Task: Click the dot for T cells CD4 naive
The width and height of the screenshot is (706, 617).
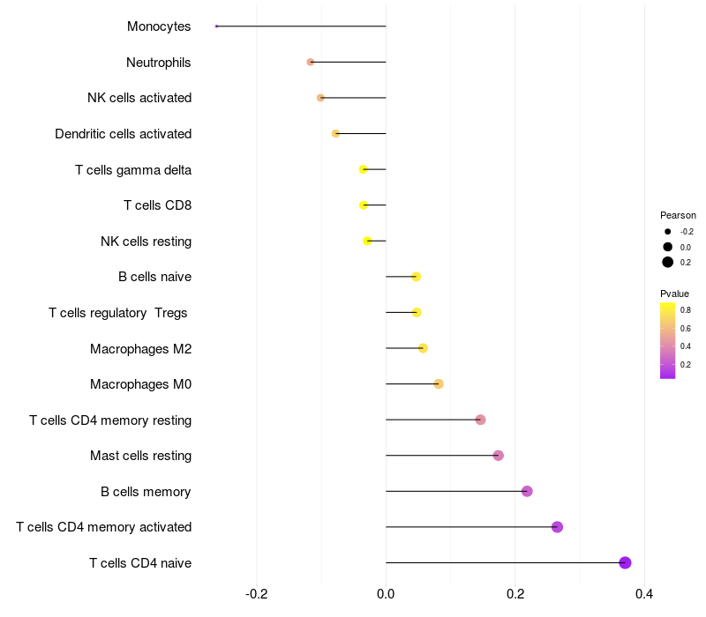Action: click(625, 562)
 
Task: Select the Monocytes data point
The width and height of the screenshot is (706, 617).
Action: click(216, 26)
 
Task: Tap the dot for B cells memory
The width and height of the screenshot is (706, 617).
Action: click(527, 491)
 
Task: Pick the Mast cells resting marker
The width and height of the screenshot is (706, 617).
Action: click(499, 456)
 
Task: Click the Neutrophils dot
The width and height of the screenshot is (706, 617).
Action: click(311, 62)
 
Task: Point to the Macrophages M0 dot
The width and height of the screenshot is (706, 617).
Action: click(439, 383)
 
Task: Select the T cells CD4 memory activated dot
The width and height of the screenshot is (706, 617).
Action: click(557, 527)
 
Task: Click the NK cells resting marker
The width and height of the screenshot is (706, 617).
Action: click(368, 241)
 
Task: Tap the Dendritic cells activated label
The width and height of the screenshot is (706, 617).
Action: click(124, 134)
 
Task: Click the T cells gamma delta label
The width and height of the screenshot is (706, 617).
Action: click(133, 169)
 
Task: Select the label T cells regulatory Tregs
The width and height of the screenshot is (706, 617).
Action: click(118, 312)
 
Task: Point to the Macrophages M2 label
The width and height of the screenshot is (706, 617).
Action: click(141, 348)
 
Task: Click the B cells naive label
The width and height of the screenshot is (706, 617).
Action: click(155, 277)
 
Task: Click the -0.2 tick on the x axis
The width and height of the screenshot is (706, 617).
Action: click(257, 594)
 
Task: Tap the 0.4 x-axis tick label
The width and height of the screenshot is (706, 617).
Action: click(644, 594)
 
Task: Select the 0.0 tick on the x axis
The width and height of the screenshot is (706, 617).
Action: click(386, 594)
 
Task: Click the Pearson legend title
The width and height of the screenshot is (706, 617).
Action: click(678, 215)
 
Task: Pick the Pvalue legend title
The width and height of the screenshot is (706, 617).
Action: click(674, 294)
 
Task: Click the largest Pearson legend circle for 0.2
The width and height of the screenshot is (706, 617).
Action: click(668, 262)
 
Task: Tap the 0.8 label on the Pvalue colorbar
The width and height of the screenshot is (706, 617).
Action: click(686, 309)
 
